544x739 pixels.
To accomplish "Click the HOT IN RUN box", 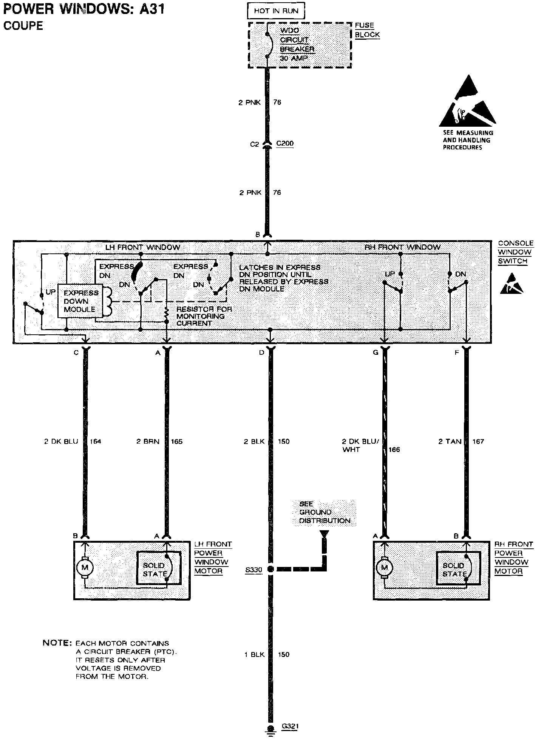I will pos(276,11).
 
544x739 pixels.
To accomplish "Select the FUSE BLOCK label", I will pos(367,30).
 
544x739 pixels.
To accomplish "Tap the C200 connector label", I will pos(285,144).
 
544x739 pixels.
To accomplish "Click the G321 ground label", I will pos(291,727).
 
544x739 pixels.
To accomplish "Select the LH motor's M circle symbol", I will pos(84,567).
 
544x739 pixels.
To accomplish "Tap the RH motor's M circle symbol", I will pos(384,567).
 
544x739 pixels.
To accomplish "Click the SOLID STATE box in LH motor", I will pos(158,568).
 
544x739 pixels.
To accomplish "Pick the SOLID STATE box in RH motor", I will pos(458,568).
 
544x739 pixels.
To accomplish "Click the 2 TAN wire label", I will pos(450,441).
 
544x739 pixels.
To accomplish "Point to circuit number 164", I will pos(95,441).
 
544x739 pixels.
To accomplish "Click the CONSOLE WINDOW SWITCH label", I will pos(515,252).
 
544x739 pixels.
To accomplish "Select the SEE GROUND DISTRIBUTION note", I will pos(325,512).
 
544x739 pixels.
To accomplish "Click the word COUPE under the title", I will pos(23,26).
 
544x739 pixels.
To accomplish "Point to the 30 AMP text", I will pos(294,58).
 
